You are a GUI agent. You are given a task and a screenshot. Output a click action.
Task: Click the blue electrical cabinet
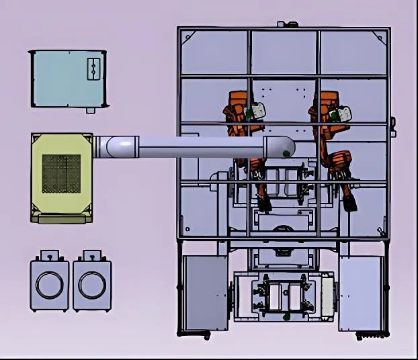67,78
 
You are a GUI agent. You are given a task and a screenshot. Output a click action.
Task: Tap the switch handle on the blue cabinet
93,69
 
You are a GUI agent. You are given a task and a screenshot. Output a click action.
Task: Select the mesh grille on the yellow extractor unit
61,173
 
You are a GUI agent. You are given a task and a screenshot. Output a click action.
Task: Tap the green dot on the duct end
287,154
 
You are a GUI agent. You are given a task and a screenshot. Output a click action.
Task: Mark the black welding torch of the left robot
264,202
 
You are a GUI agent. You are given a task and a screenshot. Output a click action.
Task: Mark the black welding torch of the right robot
349,202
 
